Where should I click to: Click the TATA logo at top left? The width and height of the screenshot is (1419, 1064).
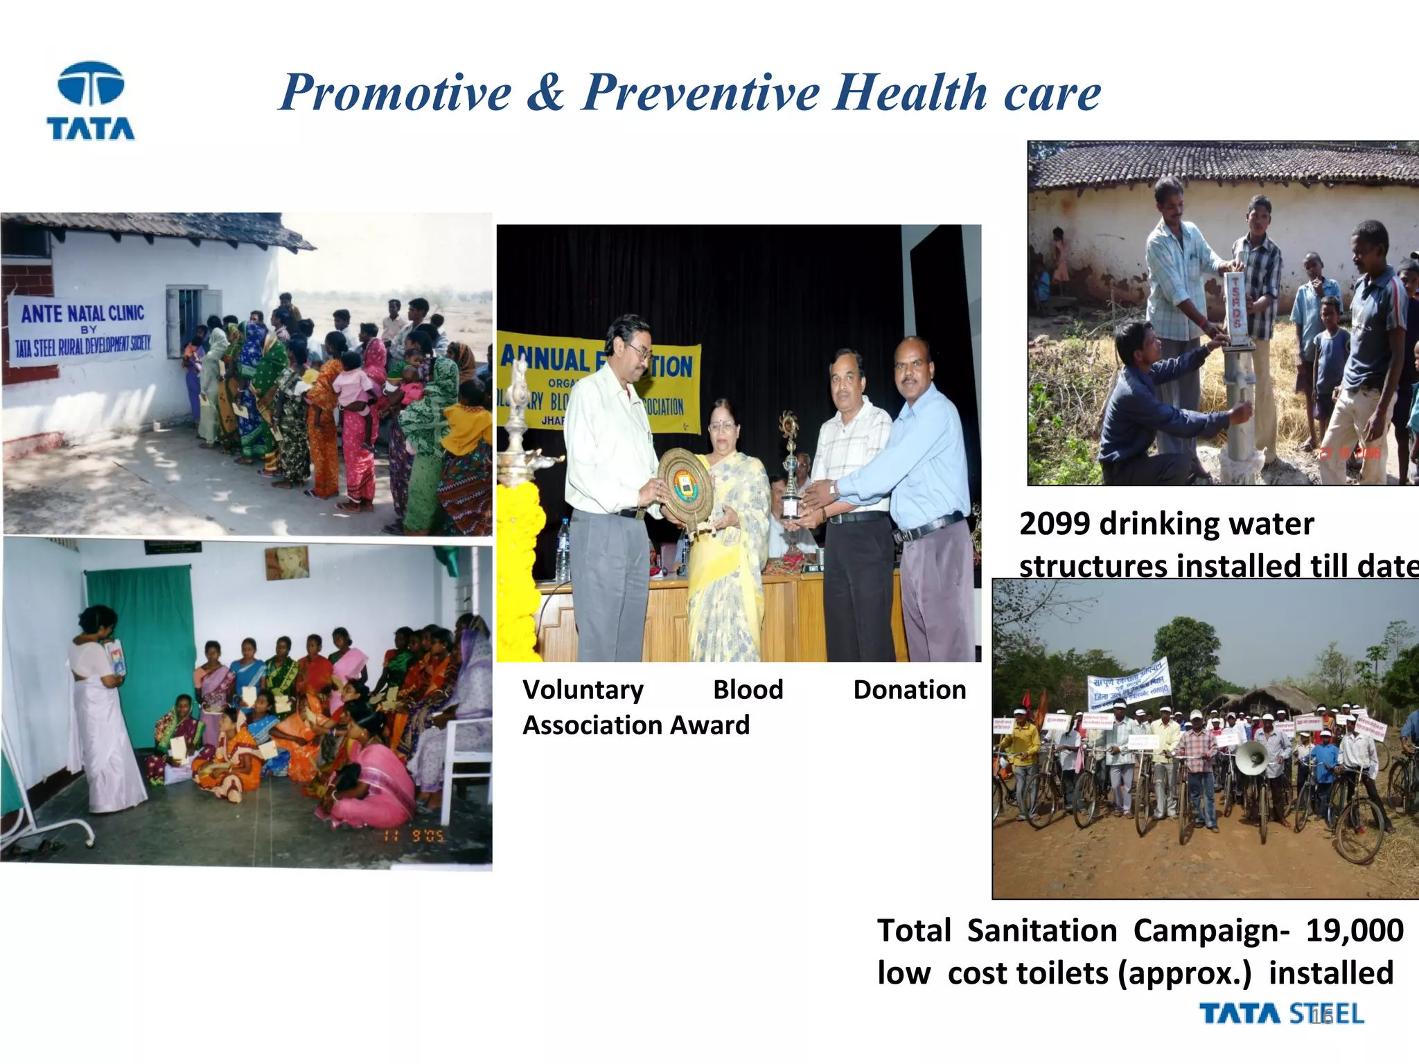pyautogui.click(x=91, y=101)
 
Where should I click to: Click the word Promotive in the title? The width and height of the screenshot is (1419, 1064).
pyautogui.click(x=395, y=93)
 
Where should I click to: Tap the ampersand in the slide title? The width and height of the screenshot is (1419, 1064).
pyautogui.click(x=545, y=93)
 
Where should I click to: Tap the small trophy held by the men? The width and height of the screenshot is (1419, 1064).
pyautogui.click(x=791, y=471)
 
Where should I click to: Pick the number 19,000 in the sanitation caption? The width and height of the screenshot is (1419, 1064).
pyautogui.click(x=1355, y=931)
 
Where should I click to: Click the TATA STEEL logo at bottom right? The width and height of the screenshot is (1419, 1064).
pyautogui.click(x=1282, y=1014)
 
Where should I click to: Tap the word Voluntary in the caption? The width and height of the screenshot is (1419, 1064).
pyautogui.click(x=583, y=690)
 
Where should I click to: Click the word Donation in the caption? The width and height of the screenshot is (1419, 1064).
pyautogui.click(x=909, y=690)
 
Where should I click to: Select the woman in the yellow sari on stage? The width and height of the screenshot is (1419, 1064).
pyautogui.click(x=728, y=540)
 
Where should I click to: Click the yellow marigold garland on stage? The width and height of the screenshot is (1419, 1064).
pyautogui.click(x=518, y=568)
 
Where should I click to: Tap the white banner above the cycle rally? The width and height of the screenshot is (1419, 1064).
pyautogui.click(x=1129, y=682)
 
